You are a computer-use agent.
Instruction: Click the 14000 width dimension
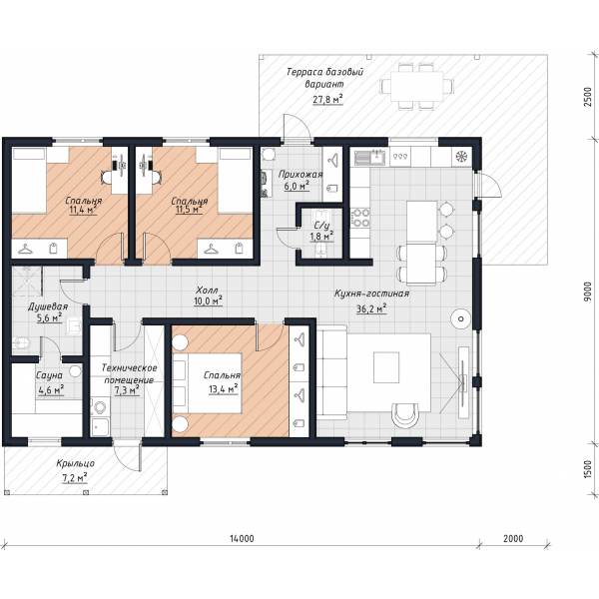click(242, 538)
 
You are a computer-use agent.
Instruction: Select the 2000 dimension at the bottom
click(513, 538)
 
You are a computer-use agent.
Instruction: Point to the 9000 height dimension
click(588, 292)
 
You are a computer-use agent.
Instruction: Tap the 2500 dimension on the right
click(588, 97)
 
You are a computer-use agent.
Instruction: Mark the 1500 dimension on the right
click(588, 469)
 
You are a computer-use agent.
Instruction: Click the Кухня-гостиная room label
click(371, 294)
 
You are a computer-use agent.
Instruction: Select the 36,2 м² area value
click(371, 308)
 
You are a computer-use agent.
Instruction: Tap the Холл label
click(207, 290)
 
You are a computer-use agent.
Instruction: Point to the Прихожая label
click(300, 174)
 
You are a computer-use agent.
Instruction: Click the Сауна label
click(49, 375)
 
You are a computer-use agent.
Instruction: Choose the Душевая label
click(48, 306)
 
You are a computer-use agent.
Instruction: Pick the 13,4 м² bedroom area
click(224, 389)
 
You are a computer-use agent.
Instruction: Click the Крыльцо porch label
click(75, 464)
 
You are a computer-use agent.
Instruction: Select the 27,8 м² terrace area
click(327, 99)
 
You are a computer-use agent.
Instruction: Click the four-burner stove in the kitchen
click(360, 217)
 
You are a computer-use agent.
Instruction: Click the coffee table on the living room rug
click(386, 367)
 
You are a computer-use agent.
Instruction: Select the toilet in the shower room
click(20, 343)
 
